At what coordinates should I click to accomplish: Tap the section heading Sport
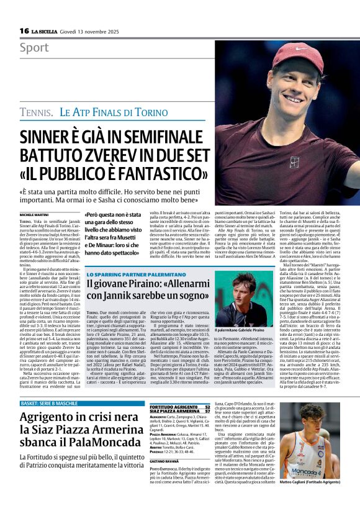coord(34,48)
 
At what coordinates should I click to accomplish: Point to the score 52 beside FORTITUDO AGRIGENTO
coord(207,405)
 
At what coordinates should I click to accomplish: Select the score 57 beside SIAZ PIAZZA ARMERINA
coord(207,410)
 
